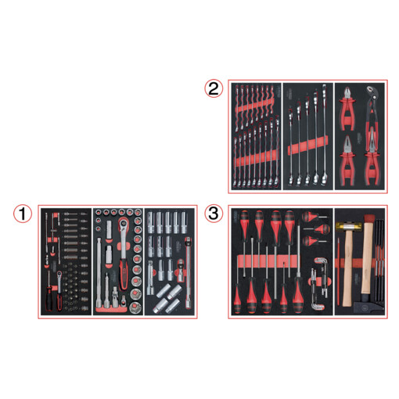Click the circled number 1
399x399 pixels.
[23, 214]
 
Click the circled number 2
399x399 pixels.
[214, 88]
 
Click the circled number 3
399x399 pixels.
[214, 214]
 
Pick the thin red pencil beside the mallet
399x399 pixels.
[338, 271]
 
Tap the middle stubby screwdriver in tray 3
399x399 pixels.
[318, 229]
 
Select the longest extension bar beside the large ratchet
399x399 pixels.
[99, 271]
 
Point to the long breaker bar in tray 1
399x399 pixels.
[189, 273]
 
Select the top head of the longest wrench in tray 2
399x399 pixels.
[324, 90]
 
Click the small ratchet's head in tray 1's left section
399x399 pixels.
[59, 275]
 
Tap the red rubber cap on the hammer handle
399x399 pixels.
[368, 217]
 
